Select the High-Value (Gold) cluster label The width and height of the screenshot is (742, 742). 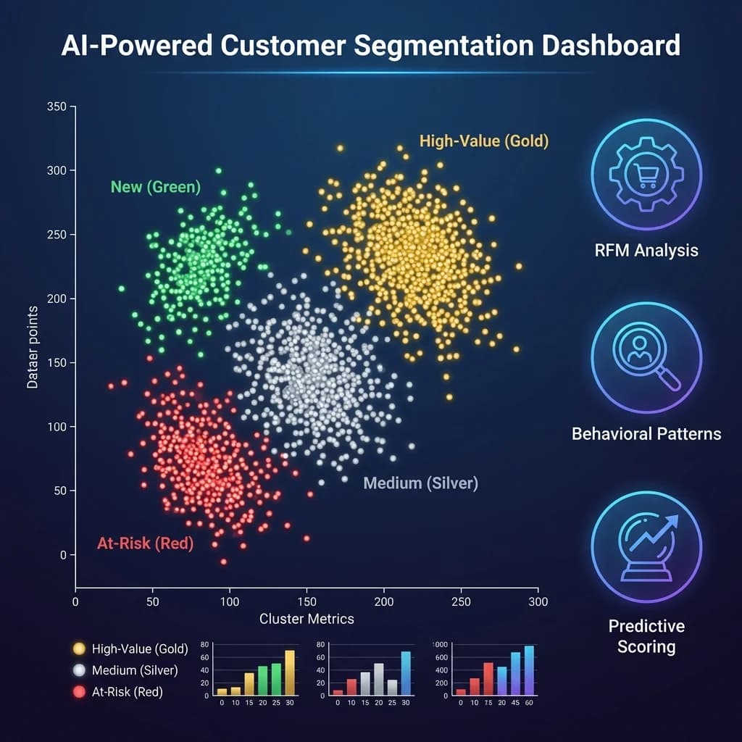pos(484,141)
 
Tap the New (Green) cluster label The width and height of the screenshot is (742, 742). pos(155,187)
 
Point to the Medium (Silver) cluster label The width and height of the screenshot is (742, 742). pos(420,483)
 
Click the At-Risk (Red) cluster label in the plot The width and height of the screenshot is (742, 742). pos(145,543)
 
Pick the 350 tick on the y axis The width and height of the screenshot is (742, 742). pos(56,107)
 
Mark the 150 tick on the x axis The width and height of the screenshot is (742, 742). pos(307,601)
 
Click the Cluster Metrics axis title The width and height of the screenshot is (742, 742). pos(307,619)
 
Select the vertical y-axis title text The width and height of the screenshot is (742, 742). pos(33,346)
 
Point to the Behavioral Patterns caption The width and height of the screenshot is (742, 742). pos(646,434)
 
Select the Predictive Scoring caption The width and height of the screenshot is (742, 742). pos(646,635)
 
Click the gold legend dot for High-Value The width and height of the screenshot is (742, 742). pos(80,649)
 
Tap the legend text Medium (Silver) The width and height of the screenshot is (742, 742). pos(134,670)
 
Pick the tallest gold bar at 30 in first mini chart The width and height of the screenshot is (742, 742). pos(290,673)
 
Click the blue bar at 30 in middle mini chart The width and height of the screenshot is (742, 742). pos(406,673)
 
